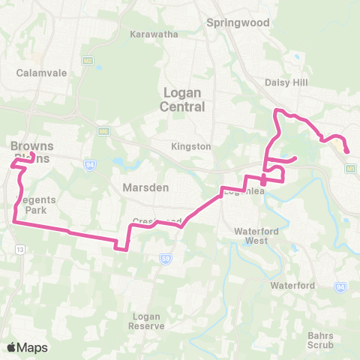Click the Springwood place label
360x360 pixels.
[x=238, y=22]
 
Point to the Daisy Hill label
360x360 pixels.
[x=283, y=83]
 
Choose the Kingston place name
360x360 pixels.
[x=191, y=146]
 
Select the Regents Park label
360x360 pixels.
[x=32, y=205]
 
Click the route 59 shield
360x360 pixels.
[x=164, y=258]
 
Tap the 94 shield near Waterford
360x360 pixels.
[x=340, y=286]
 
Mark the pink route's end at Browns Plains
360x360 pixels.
[x=32, y=154]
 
